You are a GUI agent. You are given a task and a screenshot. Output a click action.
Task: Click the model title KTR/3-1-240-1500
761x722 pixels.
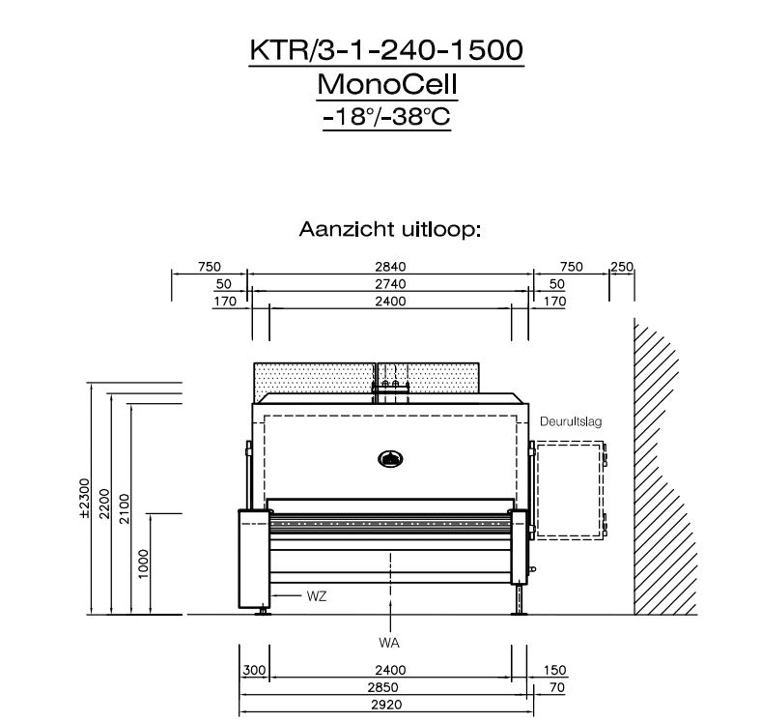pyautogui.click(x=386, y=49)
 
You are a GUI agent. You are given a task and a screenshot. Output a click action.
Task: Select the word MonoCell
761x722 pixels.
pyautogui.click(x=387, y=84)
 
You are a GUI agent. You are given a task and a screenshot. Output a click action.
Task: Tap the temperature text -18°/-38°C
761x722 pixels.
pyautogui.click(x=387, y=117)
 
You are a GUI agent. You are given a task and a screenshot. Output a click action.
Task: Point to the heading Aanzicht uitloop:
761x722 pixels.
pyautogui.click(x=390, y=229)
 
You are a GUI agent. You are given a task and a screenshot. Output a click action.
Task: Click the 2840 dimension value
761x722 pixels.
pyautogui.click(x=390, y=267)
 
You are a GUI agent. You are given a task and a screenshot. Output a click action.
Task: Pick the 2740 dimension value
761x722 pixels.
pyautogui.click(x=390, y=284)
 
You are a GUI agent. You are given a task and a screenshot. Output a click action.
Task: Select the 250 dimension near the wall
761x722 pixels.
pyautogui.click(x=622, y=267)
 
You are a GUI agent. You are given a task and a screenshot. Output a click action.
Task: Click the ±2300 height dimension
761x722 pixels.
pyautogui.click(x=84, y=499)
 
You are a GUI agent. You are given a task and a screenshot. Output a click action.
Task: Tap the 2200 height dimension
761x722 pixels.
pyautogui.click(x=105, y=504)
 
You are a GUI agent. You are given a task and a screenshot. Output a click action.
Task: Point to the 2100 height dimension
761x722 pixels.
pyautogui.click(x=125, y=508)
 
